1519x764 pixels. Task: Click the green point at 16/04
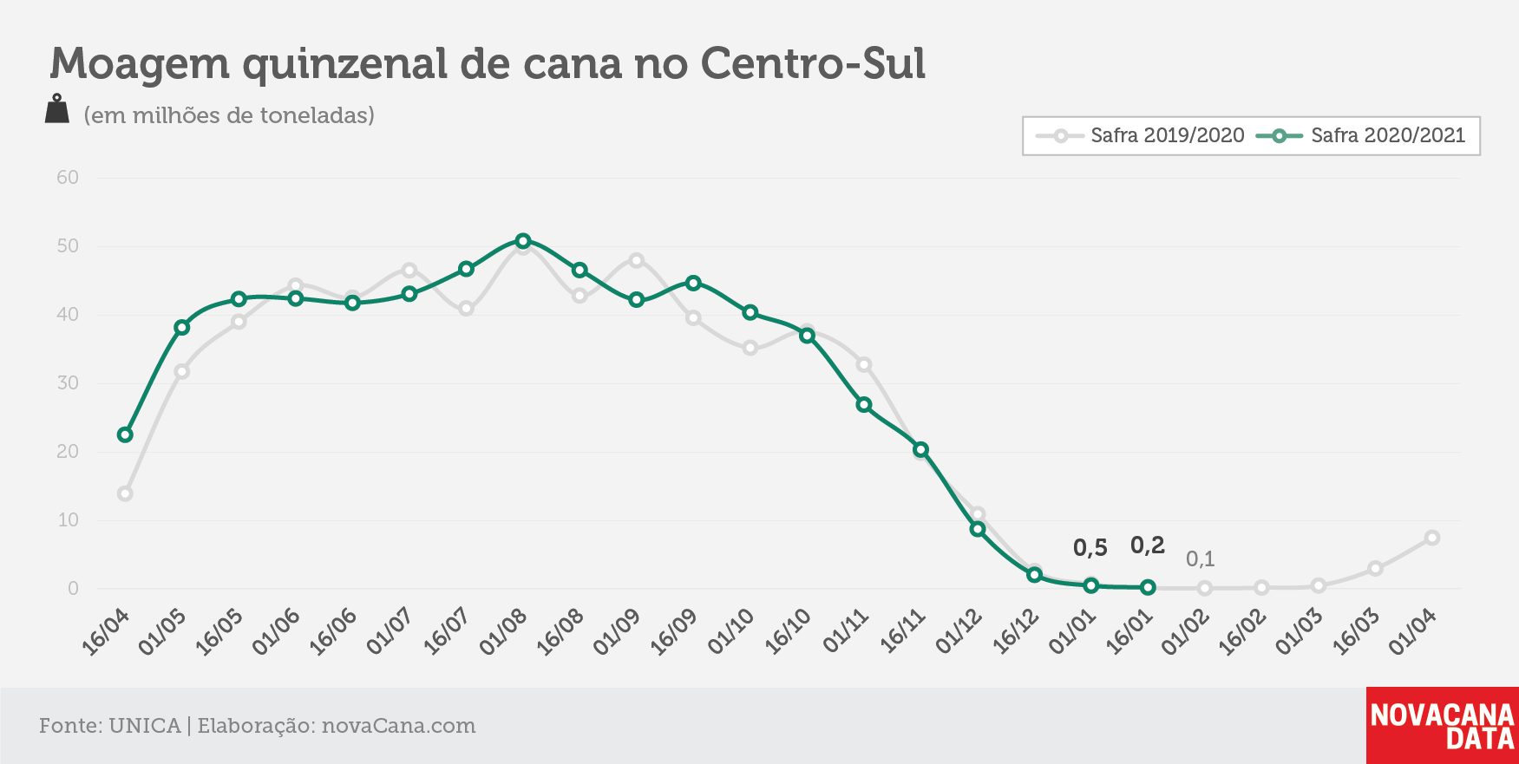125,434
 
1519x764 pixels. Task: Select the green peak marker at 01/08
523,241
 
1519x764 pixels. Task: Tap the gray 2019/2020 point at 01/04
1432,538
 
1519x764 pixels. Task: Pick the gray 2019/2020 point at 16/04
125,493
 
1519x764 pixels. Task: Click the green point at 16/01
1148,587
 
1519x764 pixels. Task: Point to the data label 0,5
1090,548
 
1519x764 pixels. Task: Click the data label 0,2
1147,545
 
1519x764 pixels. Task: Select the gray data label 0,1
1201,559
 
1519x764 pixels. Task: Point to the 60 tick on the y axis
68,178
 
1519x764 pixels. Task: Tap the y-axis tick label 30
68,382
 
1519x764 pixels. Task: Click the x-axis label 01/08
503,631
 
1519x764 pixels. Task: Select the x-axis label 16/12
1016,631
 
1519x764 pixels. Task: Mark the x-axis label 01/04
1413,631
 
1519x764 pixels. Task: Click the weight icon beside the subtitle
57,109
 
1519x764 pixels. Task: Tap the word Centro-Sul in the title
813,63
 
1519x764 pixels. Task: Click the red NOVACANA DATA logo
1443,726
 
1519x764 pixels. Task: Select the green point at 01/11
864,405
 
